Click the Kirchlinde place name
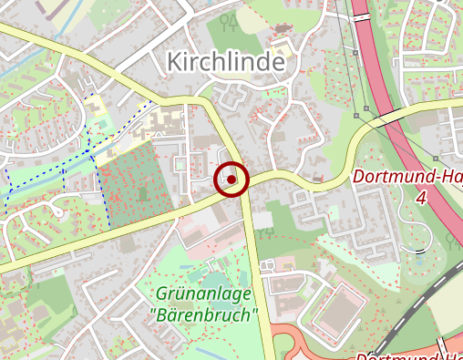click(225, 63)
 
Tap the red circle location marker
click(231, 180)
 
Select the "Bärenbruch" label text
click(202, 315)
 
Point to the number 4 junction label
click(420, 198)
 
